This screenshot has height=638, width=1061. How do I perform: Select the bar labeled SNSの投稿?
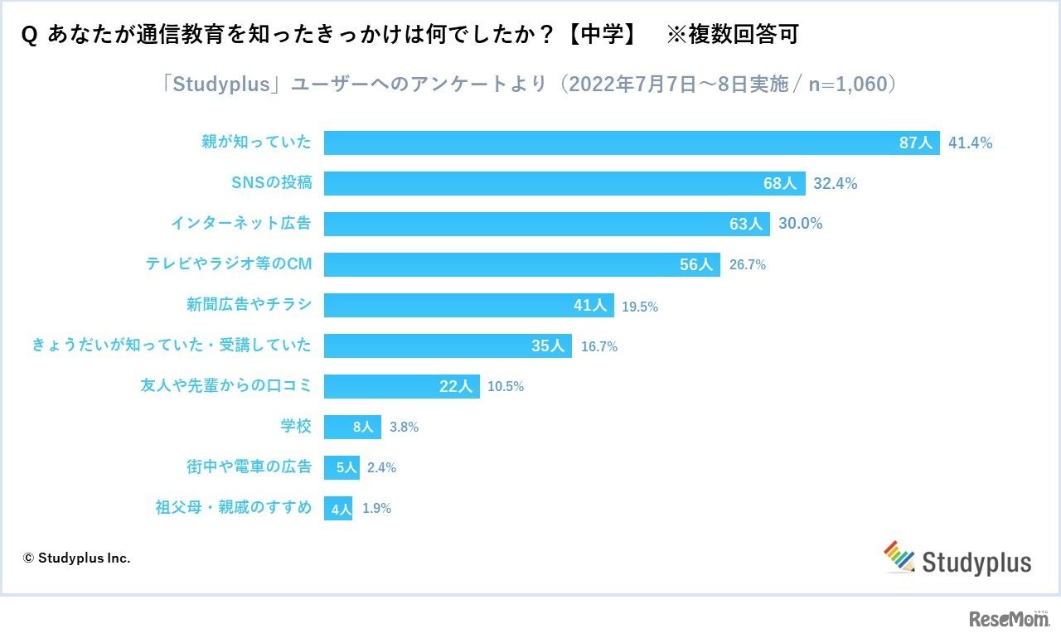coord(564,183)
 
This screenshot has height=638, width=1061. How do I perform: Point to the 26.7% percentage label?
coord(747,265)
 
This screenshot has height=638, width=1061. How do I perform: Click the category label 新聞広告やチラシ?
coord(249,305)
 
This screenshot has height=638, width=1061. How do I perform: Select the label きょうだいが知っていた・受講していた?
coord(172,346)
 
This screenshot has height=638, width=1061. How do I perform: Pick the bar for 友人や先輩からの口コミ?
coord(401,386)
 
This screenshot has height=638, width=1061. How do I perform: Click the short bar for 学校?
coord(352,427)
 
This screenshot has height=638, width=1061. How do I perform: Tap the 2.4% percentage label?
coord(381,467)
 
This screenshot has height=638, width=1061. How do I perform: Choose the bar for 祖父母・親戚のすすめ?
coord(338,508)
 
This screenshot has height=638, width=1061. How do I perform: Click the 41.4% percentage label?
coord(970,143)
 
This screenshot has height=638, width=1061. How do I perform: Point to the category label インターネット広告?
coord(241,224)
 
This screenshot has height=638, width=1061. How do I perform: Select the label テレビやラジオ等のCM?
coord(229,264)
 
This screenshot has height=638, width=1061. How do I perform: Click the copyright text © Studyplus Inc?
coord(76,558)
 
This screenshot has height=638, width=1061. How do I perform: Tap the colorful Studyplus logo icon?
coord(899,557)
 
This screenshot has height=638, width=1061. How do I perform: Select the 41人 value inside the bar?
coord(590,305)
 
